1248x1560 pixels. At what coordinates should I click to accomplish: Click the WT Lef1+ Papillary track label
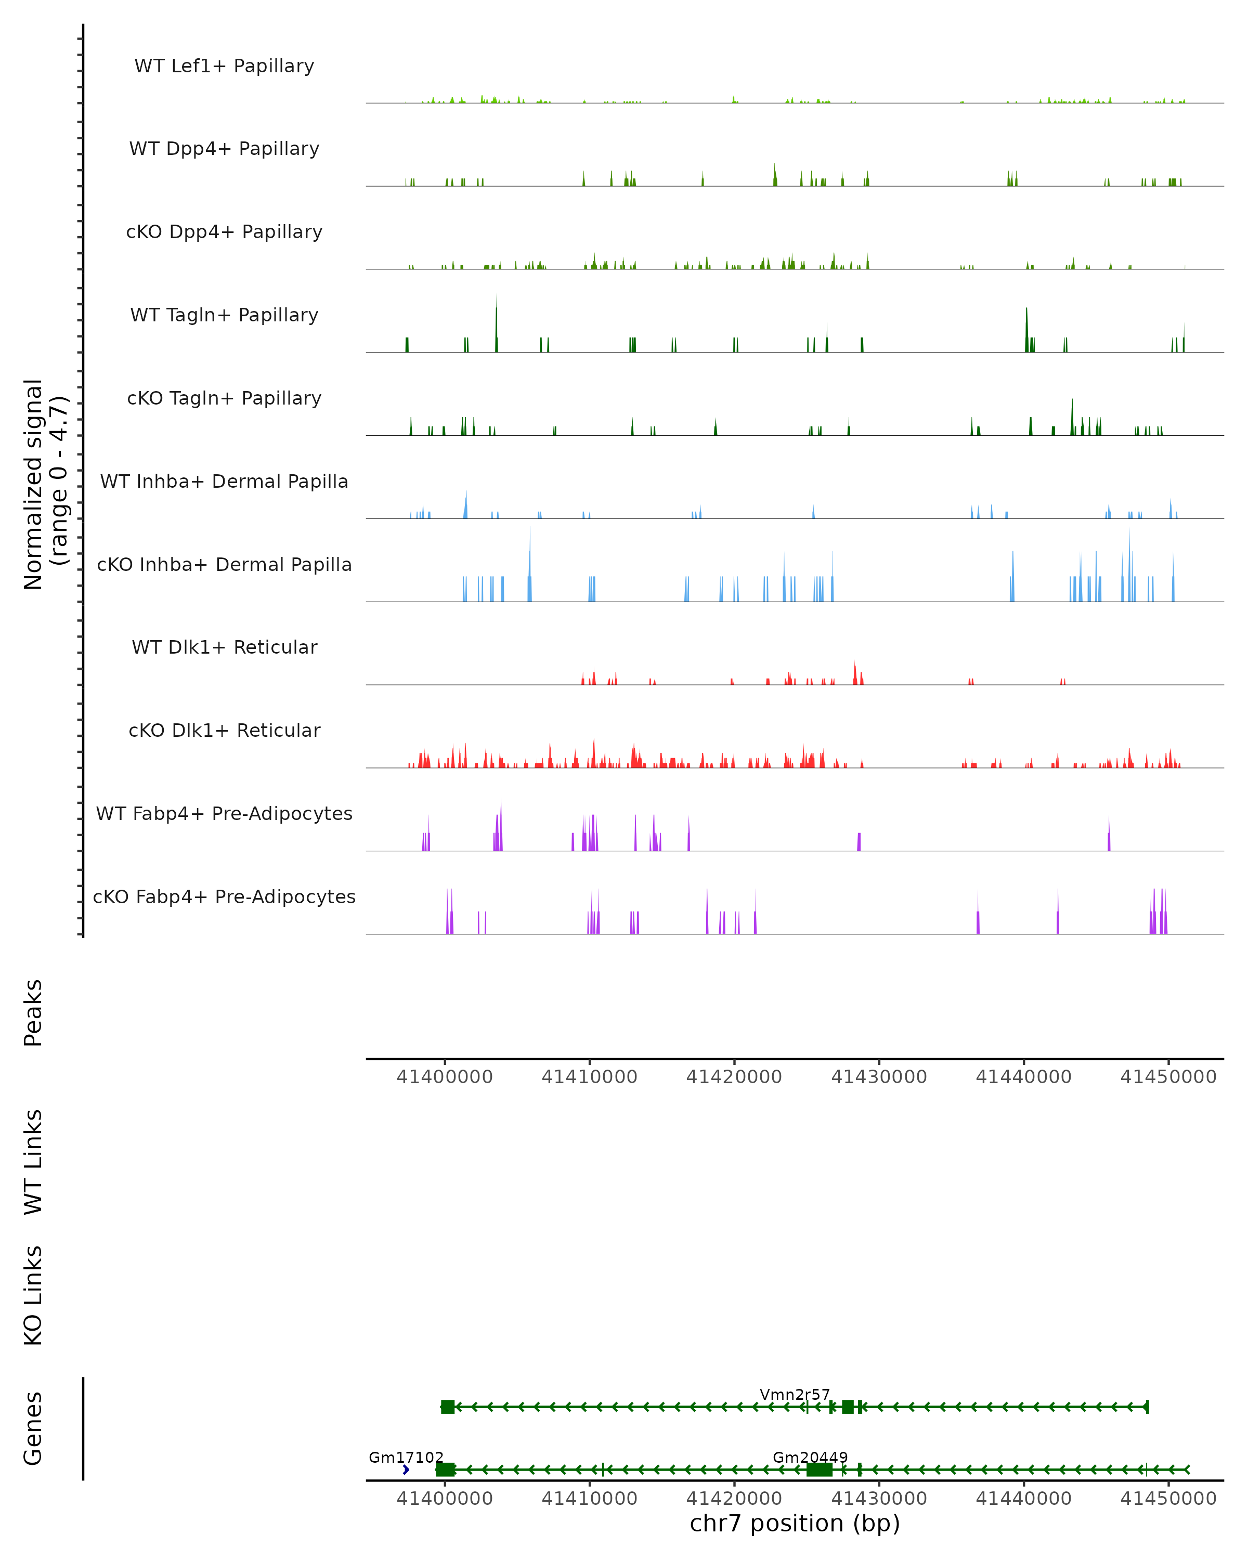[224, 66]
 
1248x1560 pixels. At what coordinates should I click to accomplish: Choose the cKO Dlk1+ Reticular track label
[224, 730]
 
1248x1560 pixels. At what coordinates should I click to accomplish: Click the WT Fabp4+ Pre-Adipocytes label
[224, 813]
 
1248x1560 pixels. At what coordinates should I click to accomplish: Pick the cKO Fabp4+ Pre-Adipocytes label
[224, 896]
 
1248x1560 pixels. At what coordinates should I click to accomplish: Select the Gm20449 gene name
[810, 1457]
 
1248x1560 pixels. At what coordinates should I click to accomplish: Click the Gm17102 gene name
[406, 1457]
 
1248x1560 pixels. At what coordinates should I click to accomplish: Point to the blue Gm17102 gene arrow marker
[406, 1470]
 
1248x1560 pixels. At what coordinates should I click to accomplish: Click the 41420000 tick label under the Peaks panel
[734, 1077]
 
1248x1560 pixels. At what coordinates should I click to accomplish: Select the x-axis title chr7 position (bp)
[795, 1523]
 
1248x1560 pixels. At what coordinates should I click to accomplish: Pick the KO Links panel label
[33, 1295]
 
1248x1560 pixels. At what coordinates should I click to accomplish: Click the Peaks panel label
[33, 1012]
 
